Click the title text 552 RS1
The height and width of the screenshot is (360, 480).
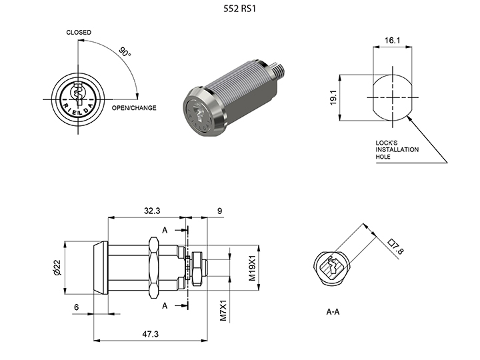coord(241,10)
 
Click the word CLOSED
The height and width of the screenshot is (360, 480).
coord(79,33)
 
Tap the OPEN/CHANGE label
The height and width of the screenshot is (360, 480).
coord(133,108)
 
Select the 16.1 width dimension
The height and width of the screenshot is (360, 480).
coord(392,41)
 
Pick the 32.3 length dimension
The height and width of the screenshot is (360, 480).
coord(153,211)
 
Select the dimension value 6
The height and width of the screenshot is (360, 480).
coord(77,307)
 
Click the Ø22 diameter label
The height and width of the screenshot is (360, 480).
coord(57,267)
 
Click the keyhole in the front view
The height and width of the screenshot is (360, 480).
coord(78,97)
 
